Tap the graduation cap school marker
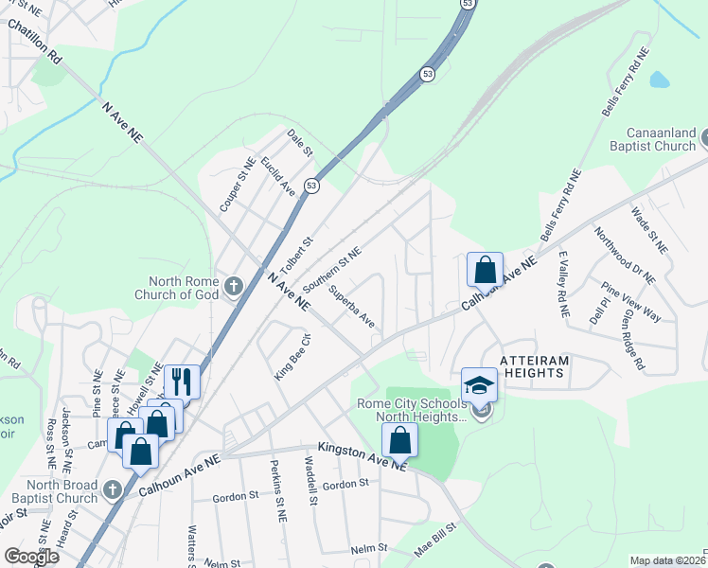click(x=479, y=385)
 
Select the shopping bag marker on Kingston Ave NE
click(x=400, y=439)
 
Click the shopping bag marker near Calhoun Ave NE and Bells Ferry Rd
click(x=485, y=269)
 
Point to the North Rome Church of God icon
click(x=234, y=285)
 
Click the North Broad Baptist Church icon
click(x=113, y=488)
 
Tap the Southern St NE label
click(x=332, y=270)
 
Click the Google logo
click(x=31, y=557)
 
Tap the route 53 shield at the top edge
click(x=468, y=5)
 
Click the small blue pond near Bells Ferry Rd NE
click(x=660, y=80)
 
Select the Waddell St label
click(x=310, y=482)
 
